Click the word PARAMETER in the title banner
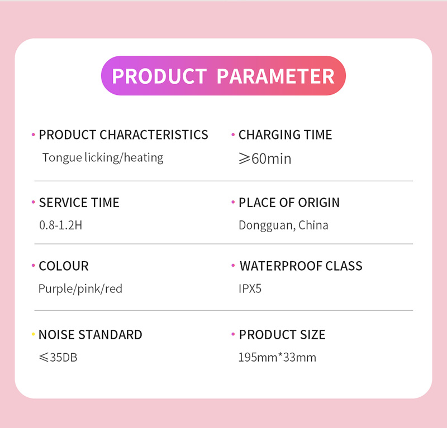[x=275, y=76]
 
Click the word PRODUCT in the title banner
[x=159, y=76]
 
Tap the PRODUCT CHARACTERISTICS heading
[x=123, y=134]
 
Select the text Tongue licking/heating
[x=103, y=158]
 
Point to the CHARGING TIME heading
[x=286, y=134]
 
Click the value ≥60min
[x=265, y=158]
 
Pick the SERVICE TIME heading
[x=79, y=203]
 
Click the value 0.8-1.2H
[x=61, y=225]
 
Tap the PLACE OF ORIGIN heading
[x=289, y=203]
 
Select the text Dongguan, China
[x=283, y=225]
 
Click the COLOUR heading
[x=64, y=266]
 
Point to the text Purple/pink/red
[x=80, y=289]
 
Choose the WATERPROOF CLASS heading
[x=301, y=266]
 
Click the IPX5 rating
[x=250, y=288]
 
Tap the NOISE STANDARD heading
[x=90, y=335]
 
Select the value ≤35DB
[x=58, y=357]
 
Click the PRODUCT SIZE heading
[x=282, y=335]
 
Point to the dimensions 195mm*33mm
[x=277, y=357]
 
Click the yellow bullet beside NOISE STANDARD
[x=33, y=334]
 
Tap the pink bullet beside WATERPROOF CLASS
[x=233, y=265]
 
